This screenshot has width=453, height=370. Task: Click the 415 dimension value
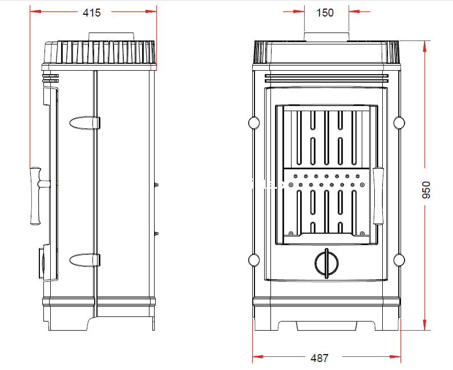92,13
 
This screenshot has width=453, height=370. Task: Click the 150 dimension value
325,13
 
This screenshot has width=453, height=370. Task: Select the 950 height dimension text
426,190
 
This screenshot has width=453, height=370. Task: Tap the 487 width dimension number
319,358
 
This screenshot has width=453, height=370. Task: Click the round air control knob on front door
326,263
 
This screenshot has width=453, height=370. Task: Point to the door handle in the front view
378,196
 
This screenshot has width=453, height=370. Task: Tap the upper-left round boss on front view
254,123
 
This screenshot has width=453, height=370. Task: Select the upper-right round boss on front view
399,123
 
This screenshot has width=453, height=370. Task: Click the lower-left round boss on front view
254,260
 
